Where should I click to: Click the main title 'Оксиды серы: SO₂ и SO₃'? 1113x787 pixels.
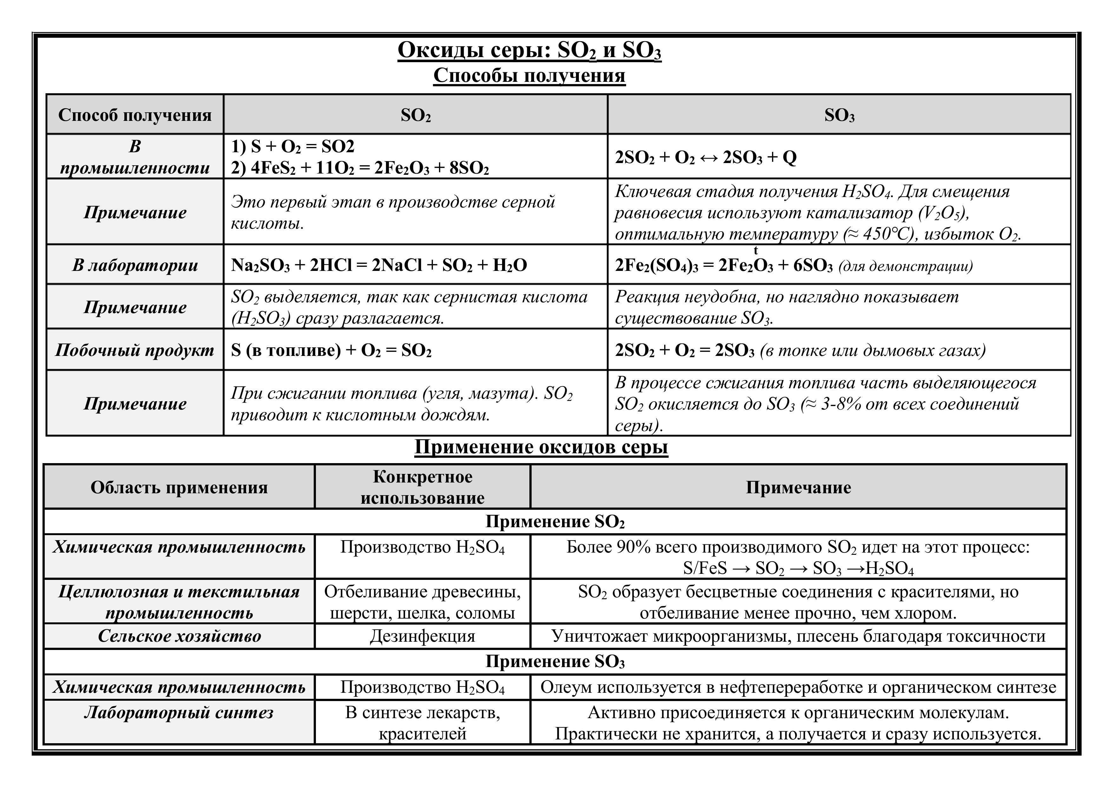click(x=529, y=50)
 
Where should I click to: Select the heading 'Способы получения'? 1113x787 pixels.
click(x=529, y=75)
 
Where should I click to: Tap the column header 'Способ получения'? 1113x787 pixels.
click(x=135, y=115)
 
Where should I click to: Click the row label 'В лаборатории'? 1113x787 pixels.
click(x=135, y=265)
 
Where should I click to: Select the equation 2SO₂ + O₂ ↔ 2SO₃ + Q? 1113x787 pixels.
click(x=705, y=158)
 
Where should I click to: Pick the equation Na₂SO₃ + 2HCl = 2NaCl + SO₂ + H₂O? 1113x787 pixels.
click(x=379, y=265)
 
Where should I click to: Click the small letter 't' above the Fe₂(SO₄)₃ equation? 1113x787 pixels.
click(x=756, y=251)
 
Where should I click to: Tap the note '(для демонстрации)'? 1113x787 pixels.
click(x=906, y=266)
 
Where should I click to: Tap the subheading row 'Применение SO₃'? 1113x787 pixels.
click(x=555, y=661)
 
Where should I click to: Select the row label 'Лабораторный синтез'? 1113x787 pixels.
click(x=179, y=713)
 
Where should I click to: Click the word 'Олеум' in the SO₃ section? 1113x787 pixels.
click(x=566, y=687)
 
